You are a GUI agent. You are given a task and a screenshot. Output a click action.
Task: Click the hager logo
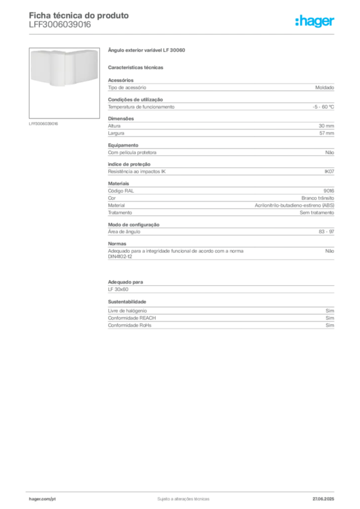click(315, 21)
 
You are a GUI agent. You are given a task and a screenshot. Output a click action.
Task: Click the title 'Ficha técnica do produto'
click(79, 15)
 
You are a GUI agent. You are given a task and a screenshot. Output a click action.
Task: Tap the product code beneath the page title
click(60, 25)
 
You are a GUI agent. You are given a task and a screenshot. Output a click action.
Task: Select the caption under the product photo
click(43, 124)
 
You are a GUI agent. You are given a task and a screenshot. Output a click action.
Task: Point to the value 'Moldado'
click(325, 87)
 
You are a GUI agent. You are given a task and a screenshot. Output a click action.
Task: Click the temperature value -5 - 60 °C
click(323, 107)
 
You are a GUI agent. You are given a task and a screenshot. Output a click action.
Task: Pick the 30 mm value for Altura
click(326, 126)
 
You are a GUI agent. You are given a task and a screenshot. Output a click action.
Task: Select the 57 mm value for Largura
click(327, 133)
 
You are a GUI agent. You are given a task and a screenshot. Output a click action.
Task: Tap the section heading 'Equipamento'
click(123, 145)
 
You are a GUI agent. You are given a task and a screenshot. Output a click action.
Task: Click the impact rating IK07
click(329, 171)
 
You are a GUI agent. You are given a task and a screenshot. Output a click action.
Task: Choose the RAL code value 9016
click(329, 191)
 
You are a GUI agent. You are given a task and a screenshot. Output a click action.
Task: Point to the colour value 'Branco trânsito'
click(318, 198)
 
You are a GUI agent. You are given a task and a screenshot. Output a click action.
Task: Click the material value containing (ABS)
click(294, 205)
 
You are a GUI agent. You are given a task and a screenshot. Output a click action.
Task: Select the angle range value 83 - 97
click(326, 232)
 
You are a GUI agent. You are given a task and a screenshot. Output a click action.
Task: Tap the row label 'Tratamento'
click(120, 213)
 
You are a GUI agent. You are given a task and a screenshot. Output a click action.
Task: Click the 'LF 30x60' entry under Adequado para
click(118, 289)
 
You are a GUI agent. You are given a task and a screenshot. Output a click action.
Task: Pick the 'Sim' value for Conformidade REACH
click(330, 318)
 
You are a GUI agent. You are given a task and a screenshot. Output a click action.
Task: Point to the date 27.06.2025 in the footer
click(323, 499)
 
